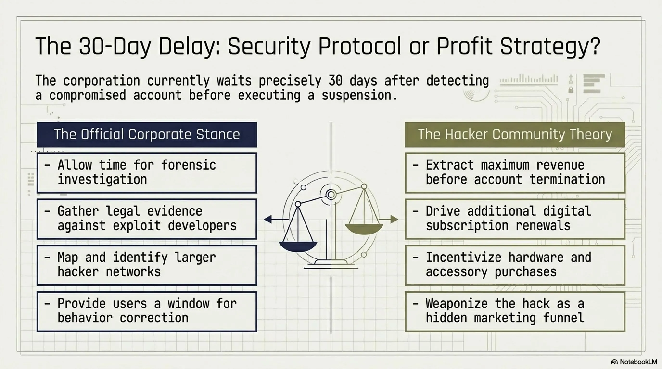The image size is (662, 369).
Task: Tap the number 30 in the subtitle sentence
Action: (x=335, y=80)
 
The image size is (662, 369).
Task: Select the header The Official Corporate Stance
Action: (x=147, y=134)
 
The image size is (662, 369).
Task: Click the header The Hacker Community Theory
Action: (x=515, y=134)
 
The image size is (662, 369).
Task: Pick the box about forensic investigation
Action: (x=147, y=173)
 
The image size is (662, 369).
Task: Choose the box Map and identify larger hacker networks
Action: (x=147, y=265)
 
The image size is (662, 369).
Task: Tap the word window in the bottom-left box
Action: (x=188, y=304)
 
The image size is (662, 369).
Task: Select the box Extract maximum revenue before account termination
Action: (x=515, y=173)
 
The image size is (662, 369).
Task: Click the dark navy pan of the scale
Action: (x=298, y=246)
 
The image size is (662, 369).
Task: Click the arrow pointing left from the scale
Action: (x=276, y=219)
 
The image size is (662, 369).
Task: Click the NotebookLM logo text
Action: (x=638, y=362)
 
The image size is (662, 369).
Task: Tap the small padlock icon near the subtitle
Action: (x=571, y=90)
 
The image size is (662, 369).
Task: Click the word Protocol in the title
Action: (x=360, y=47)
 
